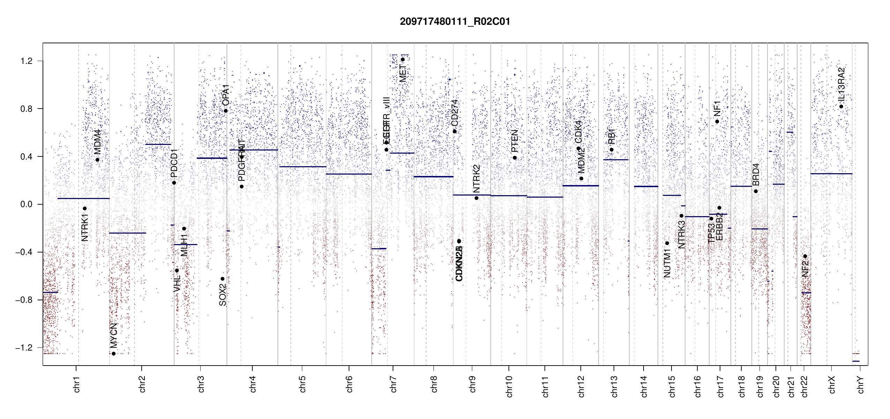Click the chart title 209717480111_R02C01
coord(455,22)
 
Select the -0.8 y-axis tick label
coord(24,300)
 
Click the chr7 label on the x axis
coord(393,384)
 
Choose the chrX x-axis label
coord(832,384)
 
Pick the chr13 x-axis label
coord(614,386)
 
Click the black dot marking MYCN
coord(113,354)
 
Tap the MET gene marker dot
coord(402,59)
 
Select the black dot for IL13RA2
coord(841,106)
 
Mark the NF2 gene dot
coord(805,256)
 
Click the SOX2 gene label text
coord(222,295)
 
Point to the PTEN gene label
coord(514,141)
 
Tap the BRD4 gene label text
coord(756,175)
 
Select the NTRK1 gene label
coord(84,228)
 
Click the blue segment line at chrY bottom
coord(856,361)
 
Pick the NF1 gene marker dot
coord(717,122)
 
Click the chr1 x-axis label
coord(77,384)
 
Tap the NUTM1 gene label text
coord(667,264)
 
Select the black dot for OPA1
coord(226,111)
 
